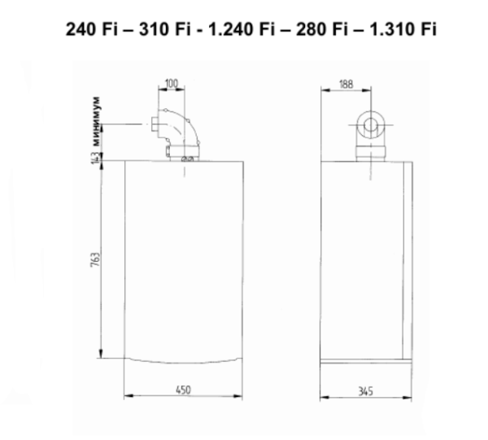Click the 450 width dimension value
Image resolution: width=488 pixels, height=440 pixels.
coord(183,391)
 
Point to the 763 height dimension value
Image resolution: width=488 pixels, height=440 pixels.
coord(95,262)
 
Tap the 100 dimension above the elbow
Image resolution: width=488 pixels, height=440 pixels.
coord(172,84)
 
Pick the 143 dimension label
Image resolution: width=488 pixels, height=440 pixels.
coord(95,156)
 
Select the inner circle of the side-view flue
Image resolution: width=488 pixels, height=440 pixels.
coord(372,125)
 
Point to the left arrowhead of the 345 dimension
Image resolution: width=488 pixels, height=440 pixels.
coord(325,398)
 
